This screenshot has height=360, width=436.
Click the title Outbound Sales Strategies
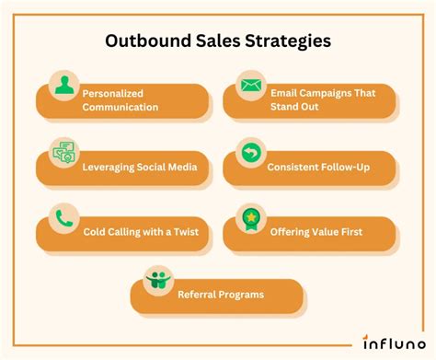(x=218, y=41)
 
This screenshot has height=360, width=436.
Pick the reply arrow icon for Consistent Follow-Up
(x=251, y=153)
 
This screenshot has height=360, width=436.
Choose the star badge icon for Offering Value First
(x=251, y=219)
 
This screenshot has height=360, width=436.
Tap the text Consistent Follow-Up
(x=317, y=168)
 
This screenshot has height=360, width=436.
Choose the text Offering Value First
(x=316, y=232)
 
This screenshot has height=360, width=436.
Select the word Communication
(x=120, y=107)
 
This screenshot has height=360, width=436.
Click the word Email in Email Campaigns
(x=285, y=93)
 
